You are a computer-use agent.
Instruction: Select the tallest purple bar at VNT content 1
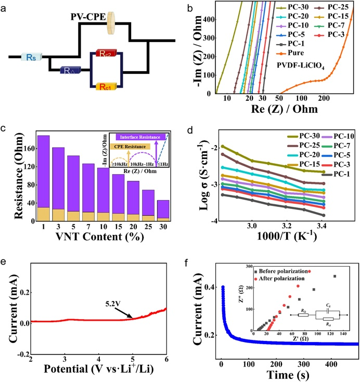point(44,171)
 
